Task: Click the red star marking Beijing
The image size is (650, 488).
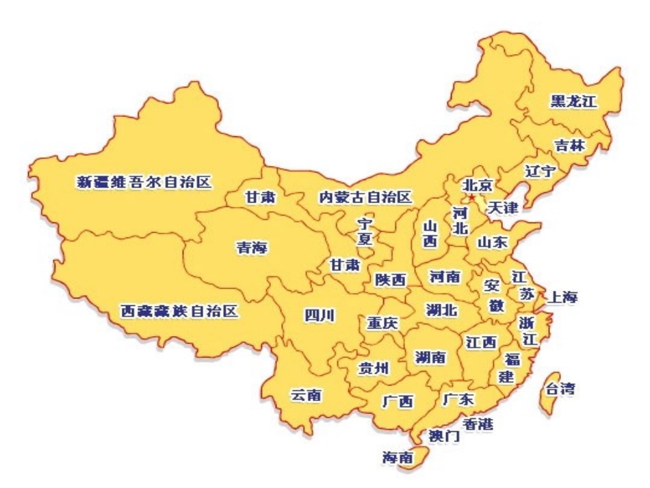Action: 471,197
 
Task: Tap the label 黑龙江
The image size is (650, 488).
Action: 573,102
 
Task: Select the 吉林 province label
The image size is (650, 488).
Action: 569,145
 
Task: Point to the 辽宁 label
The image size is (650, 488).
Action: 539,170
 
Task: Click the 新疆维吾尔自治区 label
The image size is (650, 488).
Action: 144,182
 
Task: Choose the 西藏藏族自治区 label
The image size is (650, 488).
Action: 179,312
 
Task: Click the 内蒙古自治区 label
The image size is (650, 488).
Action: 365,198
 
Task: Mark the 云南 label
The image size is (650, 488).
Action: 307,395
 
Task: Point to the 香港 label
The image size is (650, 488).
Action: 477,424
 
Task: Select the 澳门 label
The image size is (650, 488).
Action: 443,435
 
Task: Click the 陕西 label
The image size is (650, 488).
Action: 390,280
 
